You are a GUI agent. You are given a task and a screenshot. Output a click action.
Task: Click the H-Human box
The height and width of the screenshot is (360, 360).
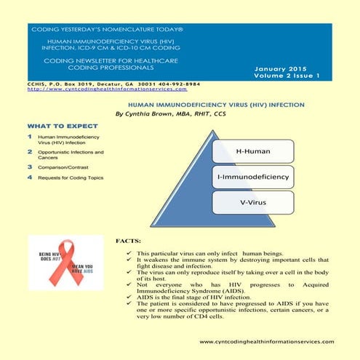pos(252,151)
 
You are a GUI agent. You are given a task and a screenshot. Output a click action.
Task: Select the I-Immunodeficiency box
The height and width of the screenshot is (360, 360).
pos(252,177)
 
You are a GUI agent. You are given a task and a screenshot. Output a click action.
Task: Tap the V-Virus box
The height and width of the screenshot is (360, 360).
pos(252,203)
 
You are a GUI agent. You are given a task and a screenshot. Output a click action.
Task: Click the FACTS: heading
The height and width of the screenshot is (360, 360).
pos(129,239)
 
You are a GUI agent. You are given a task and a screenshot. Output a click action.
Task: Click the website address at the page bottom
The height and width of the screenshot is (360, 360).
pos(266,341)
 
